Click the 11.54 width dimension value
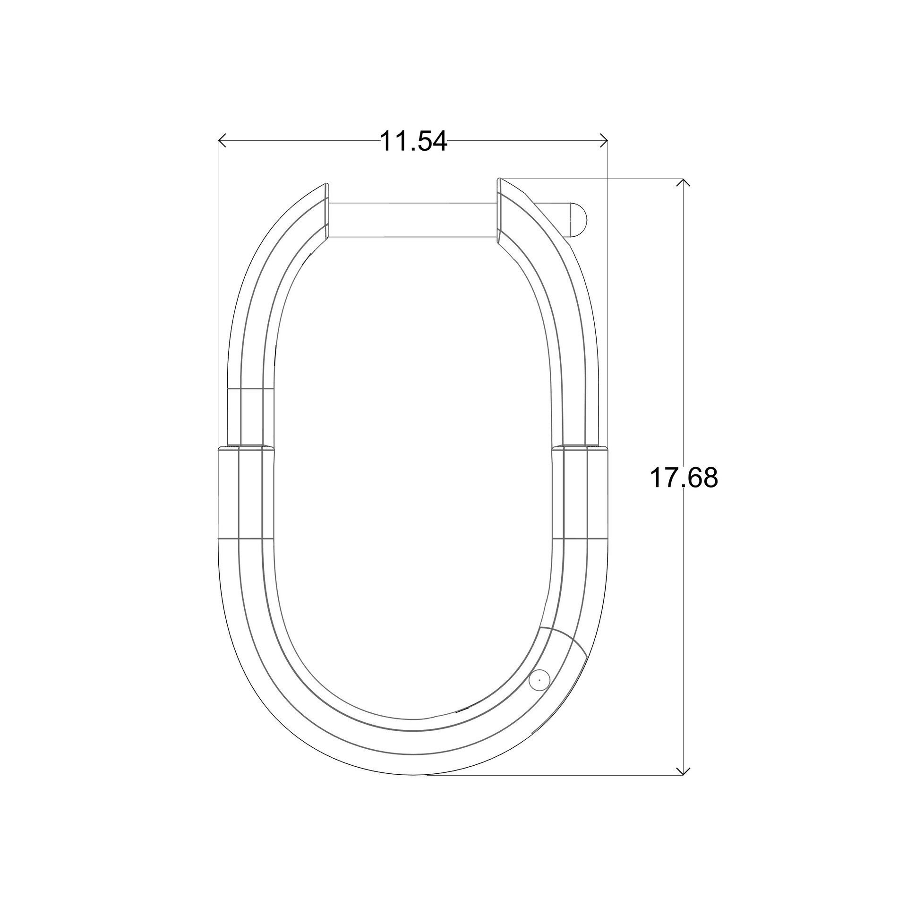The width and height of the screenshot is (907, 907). pyautogui.click(x=413, y=141)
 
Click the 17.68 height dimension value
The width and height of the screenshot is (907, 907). pyautogui.click(x=684, y=478)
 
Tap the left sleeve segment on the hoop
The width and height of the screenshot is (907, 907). pyautogui.click(x=246, y=492)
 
